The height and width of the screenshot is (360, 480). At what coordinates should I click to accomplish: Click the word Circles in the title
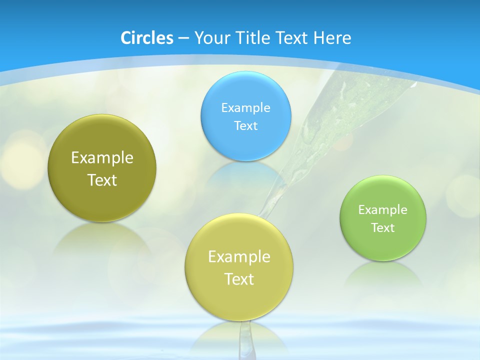[x=146, y=38]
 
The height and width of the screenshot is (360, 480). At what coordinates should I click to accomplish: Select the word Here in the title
[x=332, y=38]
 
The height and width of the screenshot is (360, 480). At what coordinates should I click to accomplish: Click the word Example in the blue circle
[x=245, y=107]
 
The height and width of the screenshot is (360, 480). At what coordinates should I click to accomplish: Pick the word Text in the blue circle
[x=245, y=125]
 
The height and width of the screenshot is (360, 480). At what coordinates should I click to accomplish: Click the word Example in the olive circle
[x=102, y=157]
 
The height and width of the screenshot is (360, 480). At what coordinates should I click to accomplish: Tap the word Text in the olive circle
[x=102, y=180]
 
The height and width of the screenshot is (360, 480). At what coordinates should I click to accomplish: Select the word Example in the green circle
[x=383, y=209]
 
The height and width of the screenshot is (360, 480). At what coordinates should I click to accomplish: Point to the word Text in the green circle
[x=383, y=227]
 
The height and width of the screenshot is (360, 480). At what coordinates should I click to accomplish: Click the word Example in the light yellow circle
[x=239, y=256]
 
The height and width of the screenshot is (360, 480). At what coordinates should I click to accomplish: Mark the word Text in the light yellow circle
[x=239, y=279]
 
